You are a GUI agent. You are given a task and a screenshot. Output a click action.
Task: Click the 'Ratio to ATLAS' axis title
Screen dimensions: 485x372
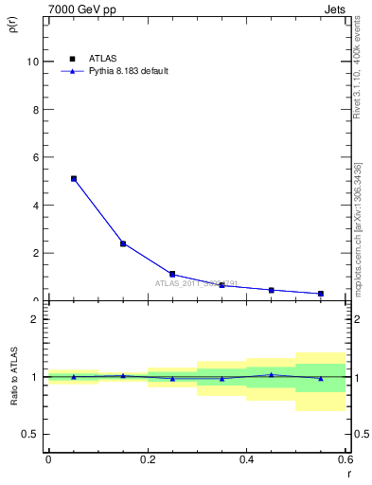tap(13, 379)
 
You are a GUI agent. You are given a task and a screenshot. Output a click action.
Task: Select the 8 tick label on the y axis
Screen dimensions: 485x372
tap(35, 110)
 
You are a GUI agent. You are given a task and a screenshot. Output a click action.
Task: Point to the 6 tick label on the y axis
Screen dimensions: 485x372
tap(35, 157)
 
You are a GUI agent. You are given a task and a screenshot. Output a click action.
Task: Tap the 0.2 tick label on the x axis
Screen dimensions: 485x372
tap(147, 459)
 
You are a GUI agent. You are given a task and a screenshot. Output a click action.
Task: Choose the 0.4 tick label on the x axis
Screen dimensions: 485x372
tap(246, 459)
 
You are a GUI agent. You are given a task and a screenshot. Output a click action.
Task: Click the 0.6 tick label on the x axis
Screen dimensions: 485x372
tap(344, 459)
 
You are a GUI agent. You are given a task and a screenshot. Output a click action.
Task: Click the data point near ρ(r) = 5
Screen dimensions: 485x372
tap(73, 178)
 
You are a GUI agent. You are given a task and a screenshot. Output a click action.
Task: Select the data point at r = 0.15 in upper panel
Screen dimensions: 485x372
tap(123, 243)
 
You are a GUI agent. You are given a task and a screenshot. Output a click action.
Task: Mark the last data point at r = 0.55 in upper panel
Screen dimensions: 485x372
tap(321, 294)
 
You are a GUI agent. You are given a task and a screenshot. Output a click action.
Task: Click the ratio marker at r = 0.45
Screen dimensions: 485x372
tap(272, 375)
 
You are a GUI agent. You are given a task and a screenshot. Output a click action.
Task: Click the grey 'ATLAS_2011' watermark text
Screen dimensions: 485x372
tap(196, 283)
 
